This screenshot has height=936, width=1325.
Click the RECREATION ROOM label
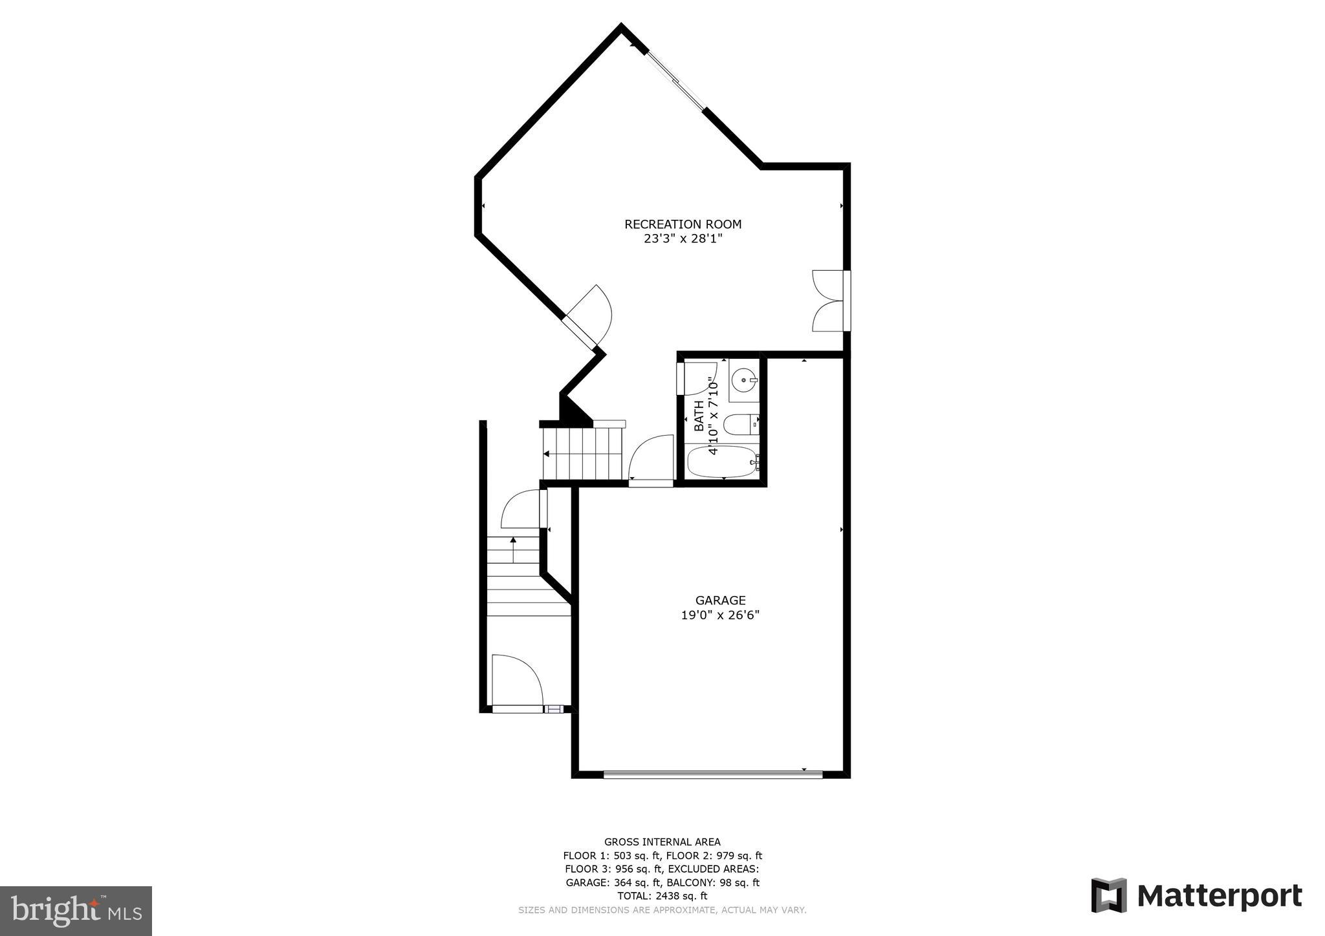click(683, 224)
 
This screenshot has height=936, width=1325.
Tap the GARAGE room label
click(720, 601)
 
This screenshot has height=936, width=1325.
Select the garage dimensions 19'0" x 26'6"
click(720, 615)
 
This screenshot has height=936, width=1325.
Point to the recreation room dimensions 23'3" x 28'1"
click(683, 239)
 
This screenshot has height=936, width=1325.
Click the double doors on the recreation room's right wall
click(829, 301)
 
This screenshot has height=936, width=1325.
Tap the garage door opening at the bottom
click(712, 774)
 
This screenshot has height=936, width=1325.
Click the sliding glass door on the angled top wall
click(675, 80)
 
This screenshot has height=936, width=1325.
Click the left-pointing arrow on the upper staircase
click(547, 454)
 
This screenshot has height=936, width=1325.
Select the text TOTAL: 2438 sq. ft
click(662, 896)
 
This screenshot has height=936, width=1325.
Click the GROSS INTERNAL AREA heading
click(662, 842)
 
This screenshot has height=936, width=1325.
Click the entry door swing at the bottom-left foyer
click(516, 681)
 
